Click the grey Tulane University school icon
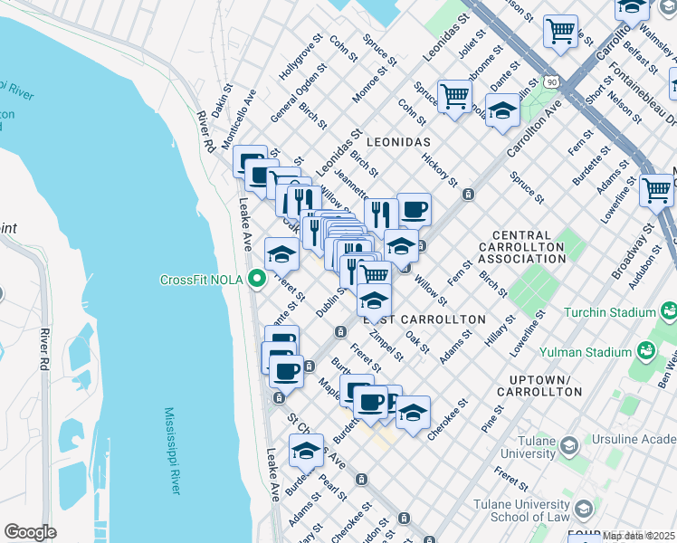tap(567, 445)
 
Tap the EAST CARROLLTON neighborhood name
tap(424, 320)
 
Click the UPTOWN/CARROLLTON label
tap(539, 386)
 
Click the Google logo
tap(30, 532)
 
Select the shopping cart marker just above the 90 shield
tap(560, 32)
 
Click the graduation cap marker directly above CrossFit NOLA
tap(281, 254)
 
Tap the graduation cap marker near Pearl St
tap(306, 450)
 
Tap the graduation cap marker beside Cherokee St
tap(413, 413)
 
